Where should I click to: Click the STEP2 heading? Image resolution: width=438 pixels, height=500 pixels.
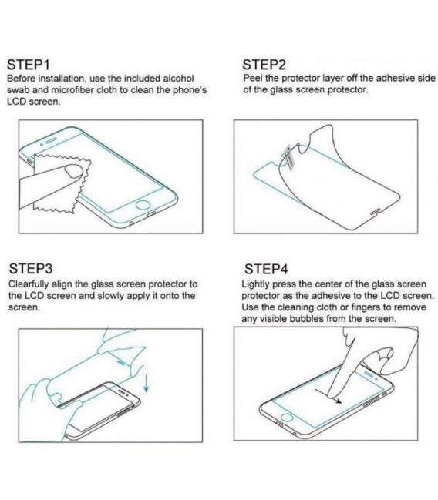pos(265,64)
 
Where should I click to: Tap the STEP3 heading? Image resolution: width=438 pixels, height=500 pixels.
pos(31,268)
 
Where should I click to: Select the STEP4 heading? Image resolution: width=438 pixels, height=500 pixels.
pos(266,269)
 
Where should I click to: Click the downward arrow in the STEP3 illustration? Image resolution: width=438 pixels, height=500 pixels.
pos(144,378)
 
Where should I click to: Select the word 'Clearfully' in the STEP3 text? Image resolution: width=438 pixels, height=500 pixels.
pos(28,284)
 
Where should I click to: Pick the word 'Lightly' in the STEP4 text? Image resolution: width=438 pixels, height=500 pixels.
pos(256,284)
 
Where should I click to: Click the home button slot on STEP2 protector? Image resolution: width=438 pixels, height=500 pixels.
pos(375,209)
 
